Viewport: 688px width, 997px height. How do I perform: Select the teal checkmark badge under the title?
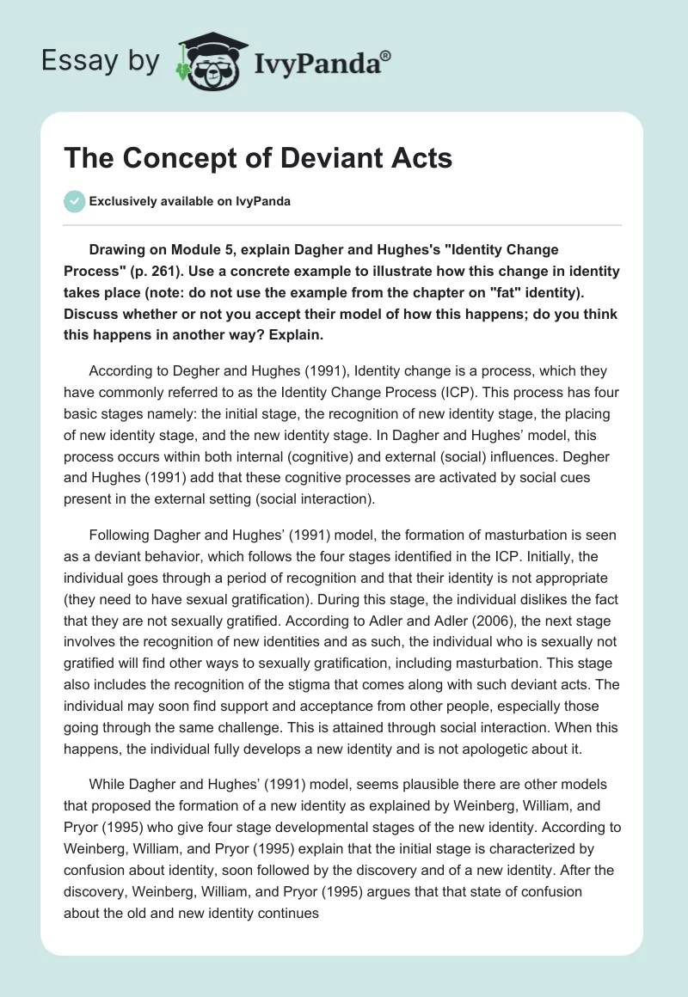tap(73, 201)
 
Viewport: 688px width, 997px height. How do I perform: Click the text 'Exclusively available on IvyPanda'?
tap(189, 201)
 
